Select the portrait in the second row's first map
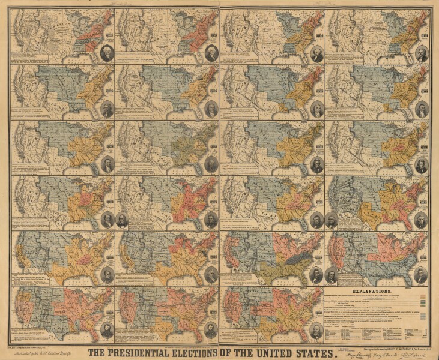(107, 110)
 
